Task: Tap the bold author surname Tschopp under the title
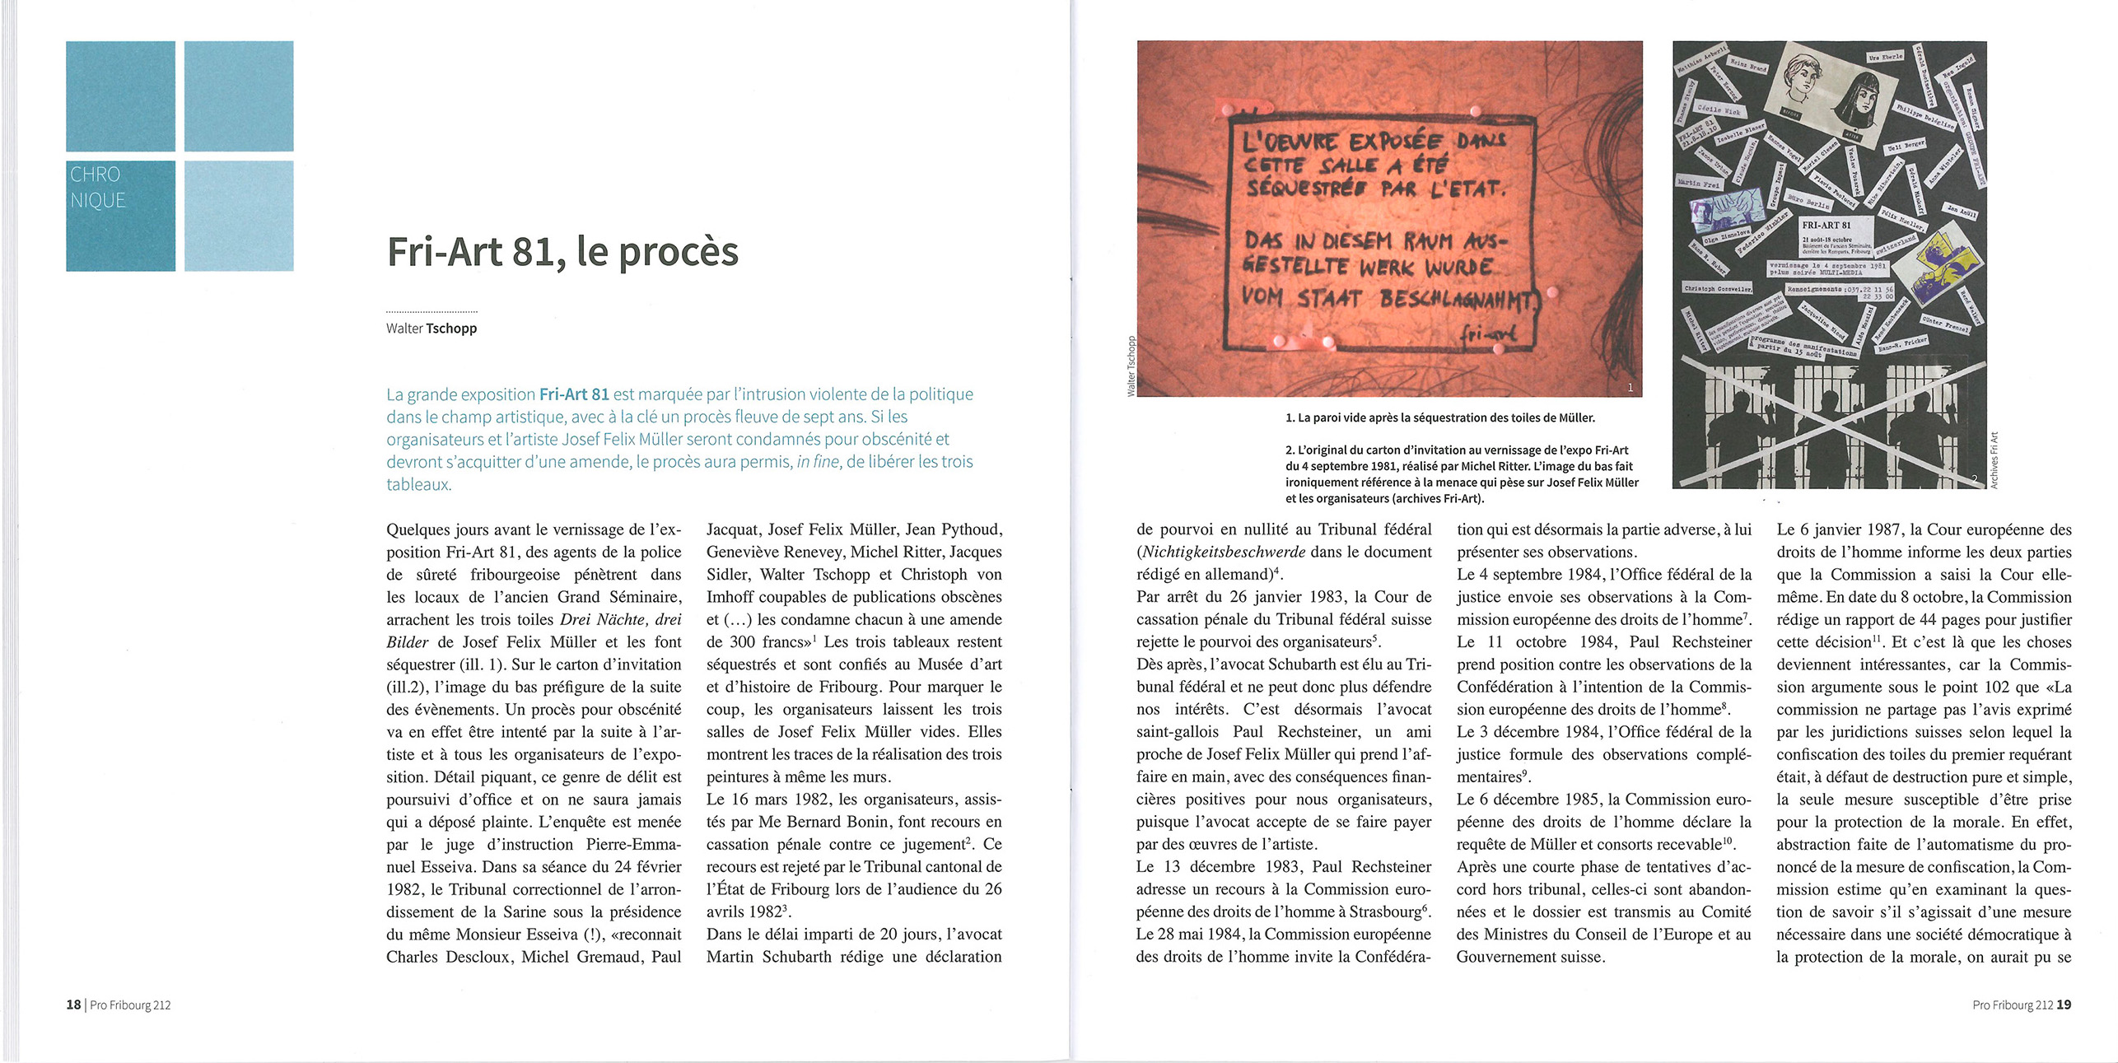pyautogui.click(x=451, y=329)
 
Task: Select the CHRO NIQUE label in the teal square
pyautogui.click(x=97, y=188)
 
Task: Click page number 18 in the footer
pyautogui.click(x=73, y=1005)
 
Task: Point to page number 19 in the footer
pyautogui.click(x=2064, y=1005)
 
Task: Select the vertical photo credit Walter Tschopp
pyautogui.click(x=1131, y=366)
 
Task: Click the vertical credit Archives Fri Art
pyautogui.click(x=1994, y=461)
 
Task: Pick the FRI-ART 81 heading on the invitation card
pyautogui.click(x=1826, y=225)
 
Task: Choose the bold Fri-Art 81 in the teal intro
pyautogui.click(x=574, y=394)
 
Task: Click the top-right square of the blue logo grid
pyautogui.click(x=239, y=96)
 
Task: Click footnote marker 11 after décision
pyautogui.click(x=1878, y=638)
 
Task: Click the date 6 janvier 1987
pyautogui.click(x=1840, y=530)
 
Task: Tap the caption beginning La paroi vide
pyautogui.click(x=1439, y=418)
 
